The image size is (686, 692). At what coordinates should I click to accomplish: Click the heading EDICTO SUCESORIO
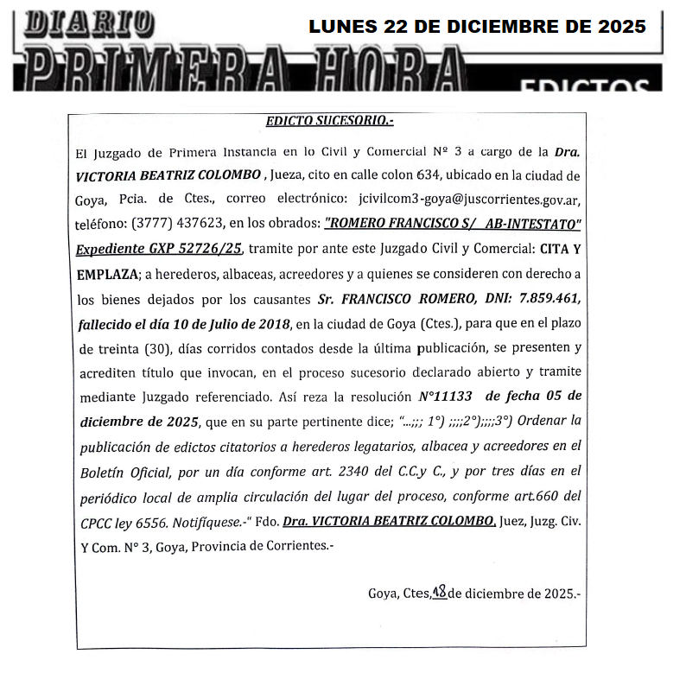[x=329, y=121]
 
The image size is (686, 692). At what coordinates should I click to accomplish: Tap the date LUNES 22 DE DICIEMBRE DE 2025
[x=477, y=27]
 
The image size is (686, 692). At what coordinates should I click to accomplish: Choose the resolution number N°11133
[x=448, y=397]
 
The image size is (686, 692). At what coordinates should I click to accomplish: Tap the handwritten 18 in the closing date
[x=439, y=592]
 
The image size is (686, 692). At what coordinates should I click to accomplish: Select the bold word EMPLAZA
[x=107, y=273]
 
